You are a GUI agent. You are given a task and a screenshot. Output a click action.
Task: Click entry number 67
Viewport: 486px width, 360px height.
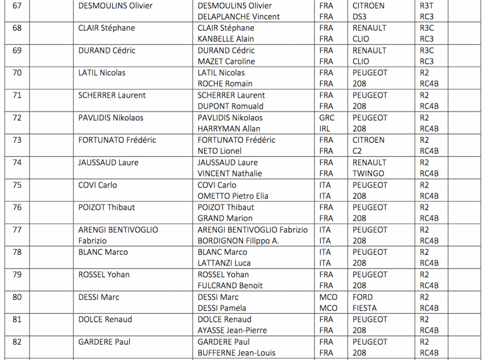pyautogui.click(x=17, y=6)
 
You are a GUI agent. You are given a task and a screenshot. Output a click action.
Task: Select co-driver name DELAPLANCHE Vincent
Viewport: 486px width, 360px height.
pyautogui.click(x=239, y=17)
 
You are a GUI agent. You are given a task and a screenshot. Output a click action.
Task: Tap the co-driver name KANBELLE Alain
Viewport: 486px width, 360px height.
pyautogui.click(x=225, y=39)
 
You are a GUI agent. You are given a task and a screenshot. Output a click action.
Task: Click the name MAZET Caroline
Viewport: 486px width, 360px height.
pyautogui.click(x=226, y=61)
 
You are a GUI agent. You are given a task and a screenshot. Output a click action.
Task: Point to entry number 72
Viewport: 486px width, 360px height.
pyautogui.click(x=17, y=118)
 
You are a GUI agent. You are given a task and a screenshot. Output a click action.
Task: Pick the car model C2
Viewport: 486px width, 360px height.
pyautogui.click(x=359, y=151)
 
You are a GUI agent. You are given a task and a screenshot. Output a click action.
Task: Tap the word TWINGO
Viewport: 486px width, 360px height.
pyautogui.click(x=368, y=173)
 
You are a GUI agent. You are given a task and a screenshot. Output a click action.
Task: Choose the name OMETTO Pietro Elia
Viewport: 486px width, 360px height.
pyautogui.click(x=233, y=196)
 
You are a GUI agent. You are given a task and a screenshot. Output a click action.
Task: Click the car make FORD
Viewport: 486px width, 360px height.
pyautogui.click(x=363, y=297)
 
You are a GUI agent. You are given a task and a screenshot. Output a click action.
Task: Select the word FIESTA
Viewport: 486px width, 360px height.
pyautogui.click(x=365, y=308)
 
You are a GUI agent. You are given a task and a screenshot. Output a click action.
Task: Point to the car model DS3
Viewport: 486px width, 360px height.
pyautogui.click(x=360, y=17)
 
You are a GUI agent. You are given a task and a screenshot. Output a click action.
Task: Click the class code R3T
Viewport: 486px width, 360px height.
pyautogui.click(x=427, y=6)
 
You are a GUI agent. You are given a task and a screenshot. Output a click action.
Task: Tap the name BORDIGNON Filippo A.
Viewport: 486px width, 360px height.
pyautogui.click(x=238, y=240)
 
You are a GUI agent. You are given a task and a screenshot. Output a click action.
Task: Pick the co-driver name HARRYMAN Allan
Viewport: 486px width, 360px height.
pyautogui.click(x=229, y=129)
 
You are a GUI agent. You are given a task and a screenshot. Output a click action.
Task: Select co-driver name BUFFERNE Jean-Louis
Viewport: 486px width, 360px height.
pyautogui.click(x=236, y=352)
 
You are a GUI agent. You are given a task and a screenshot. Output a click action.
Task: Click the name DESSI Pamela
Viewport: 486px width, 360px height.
pyautogui.click(x=222, y=308)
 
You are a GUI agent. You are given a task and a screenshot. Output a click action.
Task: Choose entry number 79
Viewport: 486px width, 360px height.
pyautogui.click(x=17, y=275)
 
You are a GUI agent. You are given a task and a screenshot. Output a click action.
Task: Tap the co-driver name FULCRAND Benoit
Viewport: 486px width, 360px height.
pyautogui.click(x=230, y=286)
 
